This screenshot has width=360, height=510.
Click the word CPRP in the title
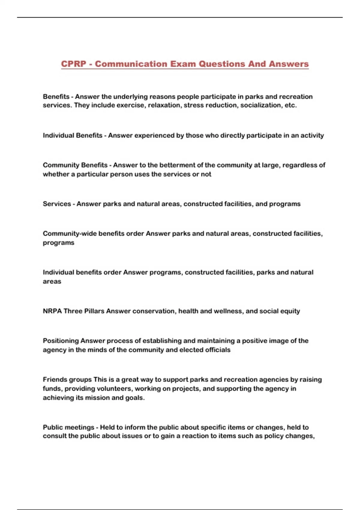(73, 64)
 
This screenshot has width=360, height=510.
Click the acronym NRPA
(52, 311)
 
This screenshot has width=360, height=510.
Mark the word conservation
(153, 311)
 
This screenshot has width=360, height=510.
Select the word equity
(290, 311)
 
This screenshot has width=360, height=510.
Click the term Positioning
(61, 341)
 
